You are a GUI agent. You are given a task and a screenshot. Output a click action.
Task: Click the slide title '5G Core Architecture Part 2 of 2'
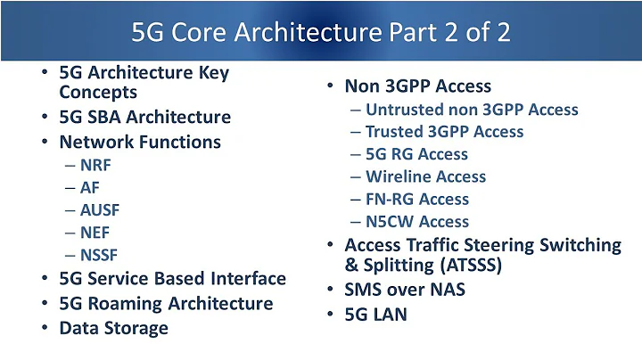pos(321,33)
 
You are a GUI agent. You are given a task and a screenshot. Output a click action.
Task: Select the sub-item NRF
pos(97,165)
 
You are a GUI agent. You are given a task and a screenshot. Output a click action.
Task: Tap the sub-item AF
pos(91,188)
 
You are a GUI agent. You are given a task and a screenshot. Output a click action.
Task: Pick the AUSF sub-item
pos(100,211)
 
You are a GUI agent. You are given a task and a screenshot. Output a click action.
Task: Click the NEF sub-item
pos(96,233)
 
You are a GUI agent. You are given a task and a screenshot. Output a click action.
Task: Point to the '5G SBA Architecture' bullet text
pos(144,117)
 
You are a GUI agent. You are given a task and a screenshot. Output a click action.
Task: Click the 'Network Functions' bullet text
pos(140,141)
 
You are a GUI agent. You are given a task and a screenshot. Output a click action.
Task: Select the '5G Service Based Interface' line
pos(172,279)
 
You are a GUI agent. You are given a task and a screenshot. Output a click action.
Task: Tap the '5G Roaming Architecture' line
pos(166,303)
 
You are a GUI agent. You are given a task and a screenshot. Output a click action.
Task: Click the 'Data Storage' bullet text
pos(113,327)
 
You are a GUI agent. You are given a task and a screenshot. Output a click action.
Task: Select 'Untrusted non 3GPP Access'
pos(472,110)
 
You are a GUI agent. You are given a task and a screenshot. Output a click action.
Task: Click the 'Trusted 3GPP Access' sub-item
pos(444,132)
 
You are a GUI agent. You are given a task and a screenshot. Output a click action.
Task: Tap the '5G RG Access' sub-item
pos(416,154)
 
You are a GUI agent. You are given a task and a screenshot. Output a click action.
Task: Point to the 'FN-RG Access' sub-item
pos(416,199)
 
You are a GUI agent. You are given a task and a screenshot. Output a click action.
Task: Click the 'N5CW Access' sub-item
pos(416,221)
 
